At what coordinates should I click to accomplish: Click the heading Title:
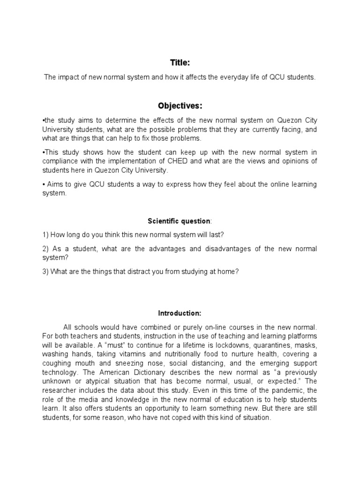[x=180, y=62]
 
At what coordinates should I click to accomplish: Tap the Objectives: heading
[x=180, y=106]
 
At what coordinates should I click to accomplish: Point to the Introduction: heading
[x=180, y=313]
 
